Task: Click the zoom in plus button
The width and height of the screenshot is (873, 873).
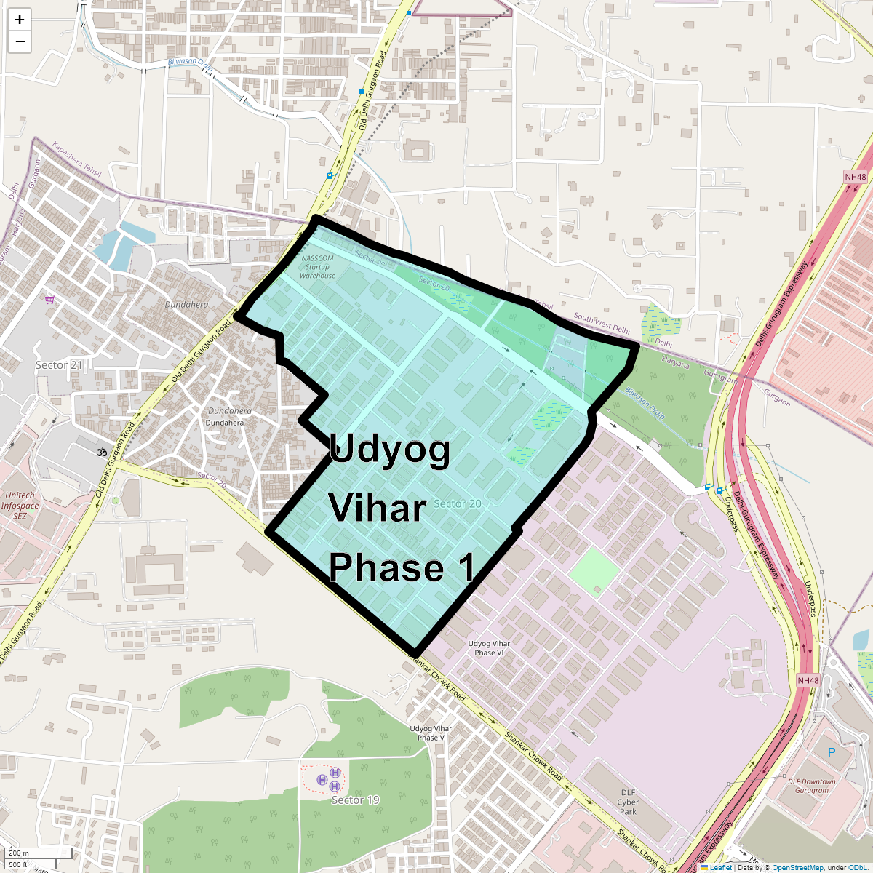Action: point(20,20)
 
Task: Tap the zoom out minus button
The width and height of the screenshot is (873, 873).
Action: point(20,41)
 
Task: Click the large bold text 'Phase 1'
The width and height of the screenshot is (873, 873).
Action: point(402,567)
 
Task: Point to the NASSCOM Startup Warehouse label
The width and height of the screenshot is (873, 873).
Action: point(318,267)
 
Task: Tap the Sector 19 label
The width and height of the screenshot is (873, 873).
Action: point(355,800)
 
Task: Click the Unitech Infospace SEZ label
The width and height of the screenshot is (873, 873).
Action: point(20,506)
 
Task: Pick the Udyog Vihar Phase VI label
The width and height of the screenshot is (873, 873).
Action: point(489,648)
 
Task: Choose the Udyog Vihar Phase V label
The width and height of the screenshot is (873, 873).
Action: point(431,733)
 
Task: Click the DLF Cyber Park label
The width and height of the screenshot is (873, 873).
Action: point(628,802)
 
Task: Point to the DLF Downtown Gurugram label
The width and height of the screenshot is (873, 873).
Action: point(812,786)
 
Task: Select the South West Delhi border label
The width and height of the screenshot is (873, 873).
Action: point(602,324)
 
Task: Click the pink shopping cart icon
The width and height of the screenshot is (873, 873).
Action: point(49,300)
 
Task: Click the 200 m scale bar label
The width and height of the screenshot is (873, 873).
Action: point(20,853)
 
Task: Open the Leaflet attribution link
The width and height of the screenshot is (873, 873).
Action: point(720,867)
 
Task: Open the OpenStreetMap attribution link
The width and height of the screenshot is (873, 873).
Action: point(797,867)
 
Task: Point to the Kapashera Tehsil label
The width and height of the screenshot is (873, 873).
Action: point(76,161)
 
